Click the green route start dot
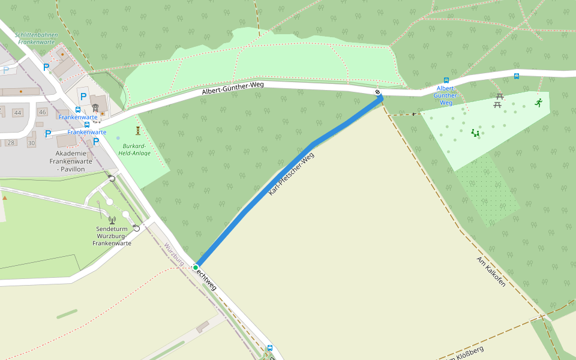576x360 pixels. point(196,267)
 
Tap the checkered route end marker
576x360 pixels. point(378,92)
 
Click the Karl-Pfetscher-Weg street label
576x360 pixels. point(291,174)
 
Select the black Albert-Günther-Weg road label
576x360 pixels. point(233,88)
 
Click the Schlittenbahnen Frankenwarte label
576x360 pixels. point(37,39)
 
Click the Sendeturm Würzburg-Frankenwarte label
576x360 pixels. point(112,236)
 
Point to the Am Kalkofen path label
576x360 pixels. point(491,271)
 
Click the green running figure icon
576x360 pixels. point(539,102)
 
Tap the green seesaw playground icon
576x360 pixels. point(475,133)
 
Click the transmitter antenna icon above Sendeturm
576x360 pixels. point(112,220)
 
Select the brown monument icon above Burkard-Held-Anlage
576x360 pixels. point(138,130)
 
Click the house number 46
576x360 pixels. point(42,112)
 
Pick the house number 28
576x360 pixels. point(11,143)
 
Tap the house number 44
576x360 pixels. point(17,113)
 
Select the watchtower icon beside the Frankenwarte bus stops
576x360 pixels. point(95,107)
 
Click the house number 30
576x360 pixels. point(31,143)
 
